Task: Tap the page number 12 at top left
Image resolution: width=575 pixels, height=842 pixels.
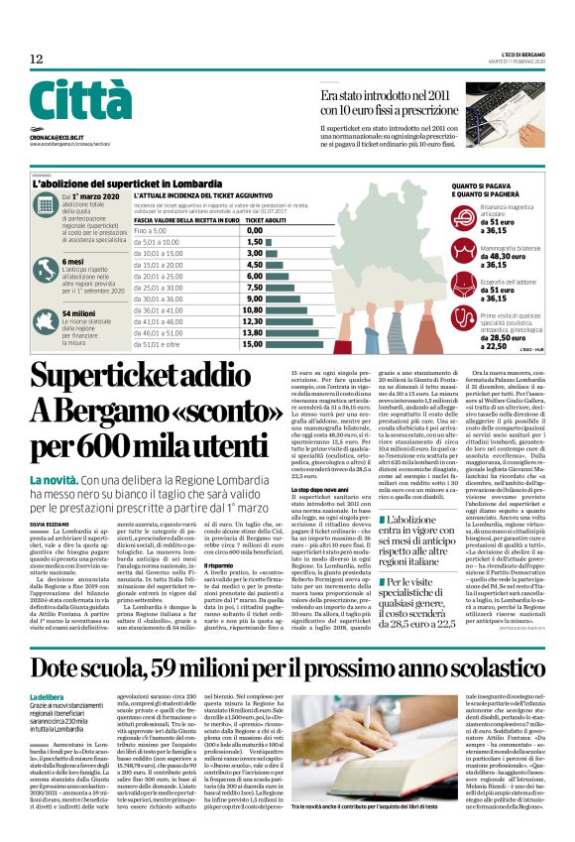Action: (36, 60)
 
